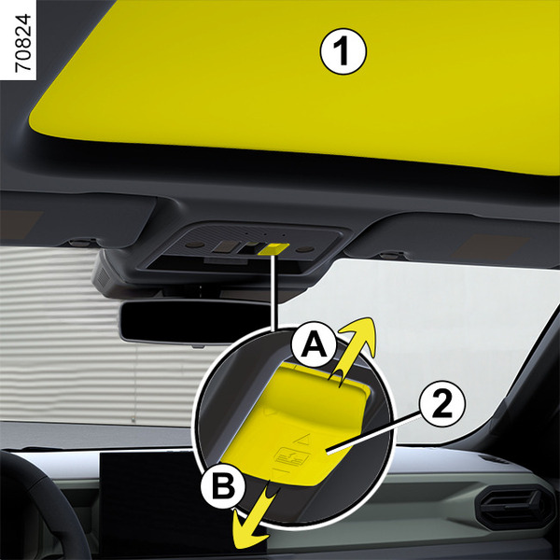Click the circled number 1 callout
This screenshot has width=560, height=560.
[343, 51]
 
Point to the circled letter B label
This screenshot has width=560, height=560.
[223, 485]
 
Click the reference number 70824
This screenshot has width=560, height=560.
[23, 43]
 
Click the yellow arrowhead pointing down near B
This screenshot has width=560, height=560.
[248, 529]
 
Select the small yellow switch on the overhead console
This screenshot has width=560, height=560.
[273, 249]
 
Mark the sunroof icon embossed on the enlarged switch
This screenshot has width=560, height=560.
[290, 456]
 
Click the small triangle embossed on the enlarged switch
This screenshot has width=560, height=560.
[302, 440]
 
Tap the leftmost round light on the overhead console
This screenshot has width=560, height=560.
[193, 245]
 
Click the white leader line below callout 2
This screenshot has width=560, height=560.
[373, 432]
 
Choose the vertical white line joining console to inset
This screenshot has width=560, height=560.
[273, 293]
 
